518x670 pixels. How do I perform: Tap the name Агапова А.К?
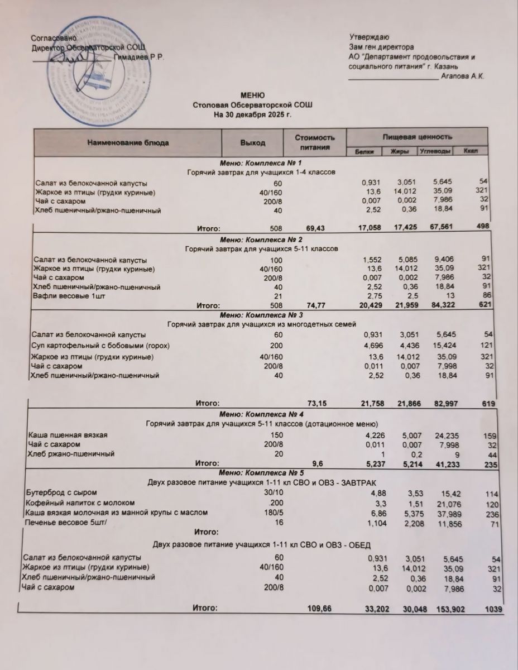point(462,76)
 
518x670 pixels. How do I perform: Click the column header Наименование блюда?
point(128,143)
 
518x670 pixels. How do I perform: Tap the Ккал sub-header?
point(469,151)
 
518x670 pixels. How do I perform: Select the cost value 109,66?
point(319,609)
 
